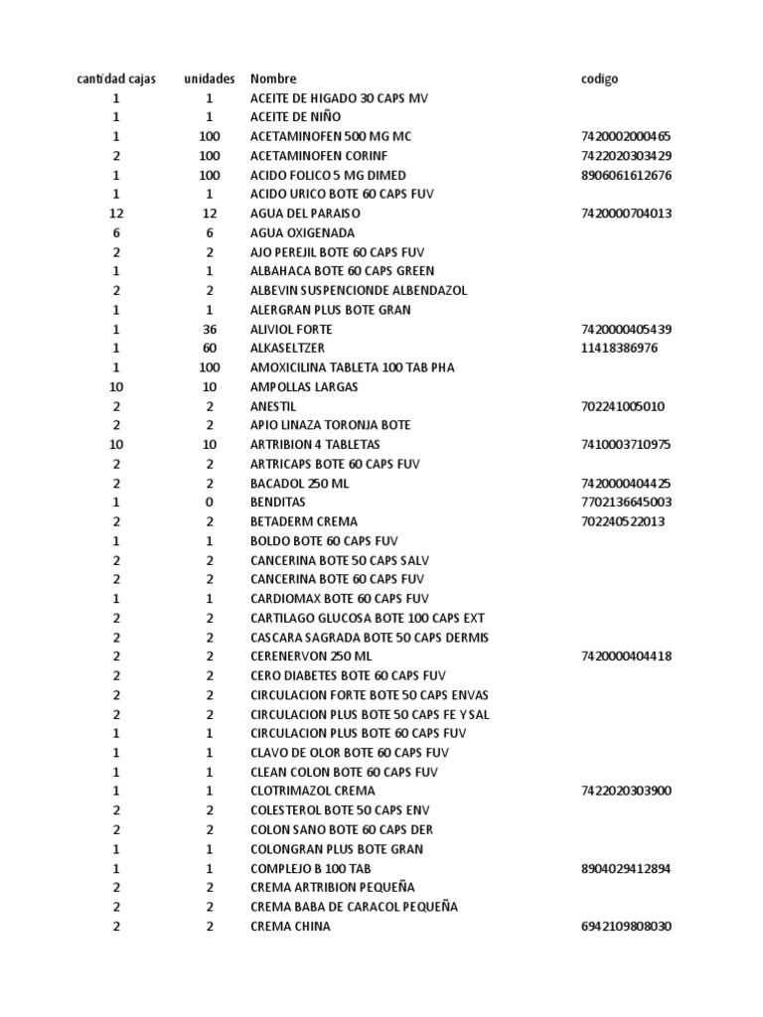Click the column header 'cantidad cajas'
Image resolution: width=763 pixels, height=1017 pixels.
point(116,78)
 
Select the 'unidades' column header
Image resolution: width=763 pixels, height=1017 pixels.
point(210,78)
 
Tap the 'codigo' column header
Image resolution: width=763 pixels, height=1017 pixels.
point(599,78)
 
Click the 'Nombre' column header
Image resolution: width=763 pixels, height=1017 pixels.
point(273,78)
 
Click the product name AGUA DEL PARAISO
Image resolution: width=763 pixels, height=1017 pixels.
point(305,214)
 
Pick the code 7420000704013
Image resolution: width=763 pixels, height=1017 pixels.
point(626,214)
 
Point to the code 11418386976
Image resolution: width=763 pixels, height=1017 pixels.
point(619,349)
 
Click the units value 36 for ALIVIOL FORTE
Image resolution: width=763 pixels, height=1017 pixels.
point(210,329)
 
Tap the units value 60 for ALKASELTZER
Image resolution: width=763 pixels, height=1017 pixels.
point(210,349)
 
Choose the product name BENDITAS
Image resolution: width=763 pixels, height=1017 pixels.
point(278,503)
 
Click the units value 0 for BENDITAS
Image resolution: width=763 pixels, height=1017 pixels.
point(210,503)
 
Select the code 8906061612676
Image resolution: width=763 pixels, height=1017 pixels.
point(626,175)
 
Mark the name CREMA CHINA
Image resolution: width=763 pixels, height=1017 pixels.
point(290,927)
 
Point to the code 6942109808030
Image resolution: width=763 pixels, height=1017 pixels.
point(626,927)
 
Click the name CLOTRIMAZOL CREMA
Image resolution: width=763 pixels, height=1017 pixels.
point(313,792)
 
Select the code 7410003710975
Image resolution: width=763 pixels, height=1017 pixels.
point(626,445)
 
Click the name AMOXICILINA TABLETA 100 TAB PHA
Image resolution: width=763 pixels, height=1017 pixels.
point(352,367)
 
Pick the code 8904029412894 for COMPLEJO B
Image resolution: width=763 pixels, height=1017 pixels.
point(626,869)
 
